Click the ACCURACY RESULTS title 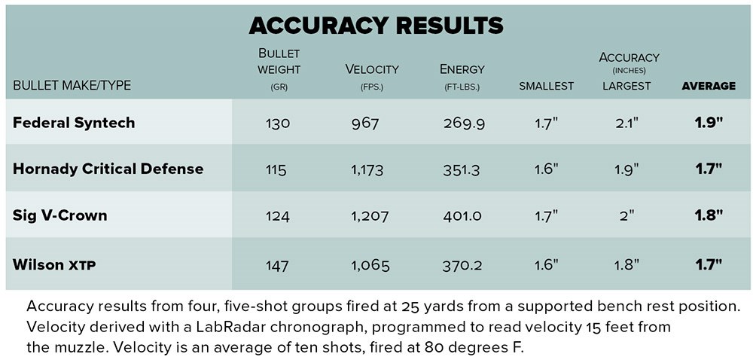point(376,26)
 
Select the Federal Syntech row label point(74,122)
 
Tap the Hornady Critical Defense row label point(108,168)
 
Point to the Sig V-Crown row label point(59,215)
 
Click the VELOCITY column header point(372,69)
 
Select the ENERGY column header point(462,69)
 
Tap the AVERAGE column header point(708,86)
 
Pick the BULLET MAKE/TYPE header point(72,86)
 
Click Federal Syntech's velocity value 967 point(366,123)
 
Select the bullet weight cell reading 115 point(276,169)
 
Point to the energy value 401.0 point(462,217)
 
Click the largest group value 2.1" point(626,123)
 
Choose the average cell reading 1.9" point(709,123)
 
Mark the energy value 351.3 point(462,169)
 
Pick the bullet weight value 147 point(277,264)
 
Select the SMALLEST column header point(546,86)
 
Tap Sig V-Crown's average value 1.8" point(709,216)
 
